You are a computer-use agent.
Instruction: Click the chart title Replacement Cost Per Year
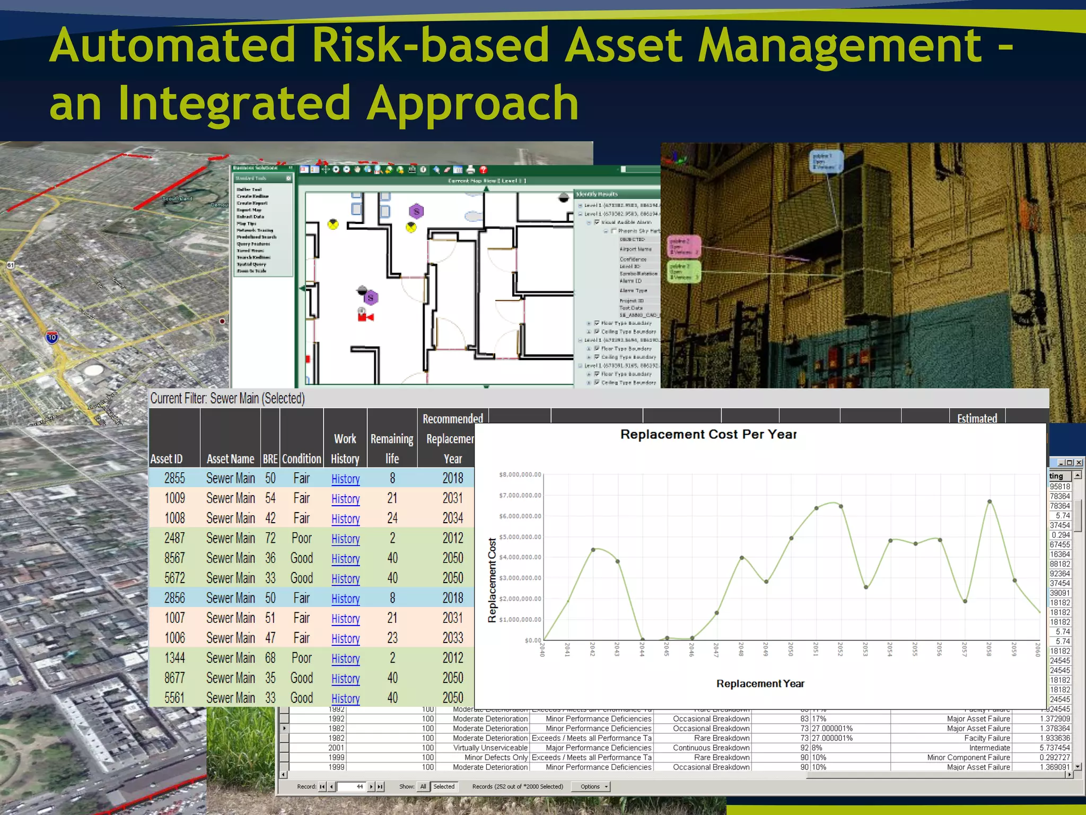click(x=708, y=435)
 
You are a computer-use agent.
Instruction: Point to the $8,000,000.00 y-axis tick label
click(x=520, y=474)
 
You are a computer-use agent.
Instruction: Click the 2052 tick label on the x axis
click(x=840, y=649)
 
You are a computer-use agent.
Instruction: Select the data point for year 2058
click(x=989, y=501)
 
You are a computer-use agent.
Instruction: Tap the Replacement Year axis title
click(x=760, y=684)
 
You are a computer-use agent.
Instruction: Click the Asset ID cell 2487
click(x=174, y=538)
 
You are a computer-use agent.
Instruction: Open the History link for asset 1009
click(x=345, y=499)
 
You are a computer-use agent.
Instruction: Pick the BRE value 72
click(x=270, y=538)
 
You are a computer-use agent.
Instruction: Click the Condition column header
click(x=301, y=459)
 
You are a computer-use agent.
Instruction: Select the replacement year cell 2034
click(x=453, y=518)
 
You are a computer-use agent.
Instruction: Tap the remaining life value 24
click(x=392, y=518)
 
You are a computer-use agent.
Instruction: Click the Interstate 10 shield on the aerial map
click(x=52, y=337)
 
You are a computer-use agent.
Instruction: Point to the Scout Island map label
click(x=177, y=199)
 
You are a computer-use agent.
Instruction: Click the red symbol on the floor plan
click(x=365, y=317)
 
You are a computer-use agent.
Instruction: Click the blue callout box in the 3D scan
click(x=826, y=161)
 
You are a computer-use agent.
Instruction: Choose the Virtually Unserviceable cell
click(x=490, y=748)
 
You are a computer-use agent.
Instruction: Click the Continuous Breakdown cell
click(x=711, y=748)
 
